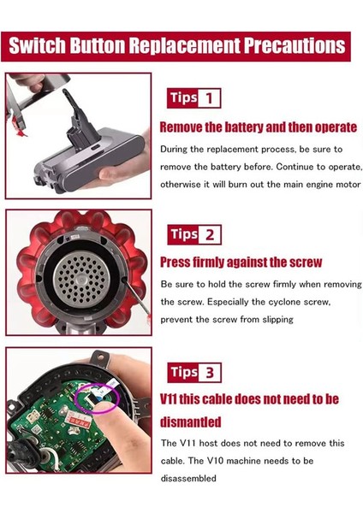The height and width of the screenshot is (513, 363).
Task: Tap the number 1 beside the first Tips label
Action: click(x=209, y=98)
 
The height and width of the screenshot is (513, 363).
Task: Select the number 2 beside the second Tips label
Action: click(x=211, y=234)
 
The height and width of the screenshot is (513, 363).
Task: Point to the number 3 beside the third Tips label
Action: click(x=211, y=372)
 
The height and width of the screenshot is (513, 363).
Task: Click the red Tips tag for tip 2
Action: click(x=183, y=234)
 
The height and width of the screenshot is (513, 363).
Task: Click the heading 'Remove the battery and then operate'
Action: click(x=259, y=127)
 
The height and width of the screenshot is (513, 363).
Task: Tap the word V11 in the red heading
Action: click(x=176, y=399)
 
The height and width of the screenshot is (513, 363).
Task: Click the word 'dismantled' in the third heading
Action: click(x=191, y=422)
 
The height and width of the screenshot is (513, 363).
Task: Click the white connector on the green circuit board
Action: click(x=93, y=398)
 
